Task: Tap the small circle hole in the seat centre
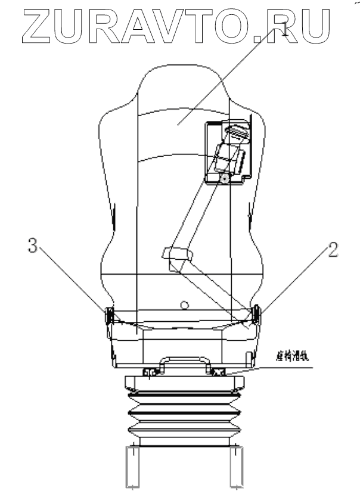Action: click(x=185, y=306)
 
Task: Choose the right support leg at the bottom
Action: click(x=238, y=468)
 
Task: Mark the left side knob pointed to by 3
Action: click(x=108, y=314)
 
